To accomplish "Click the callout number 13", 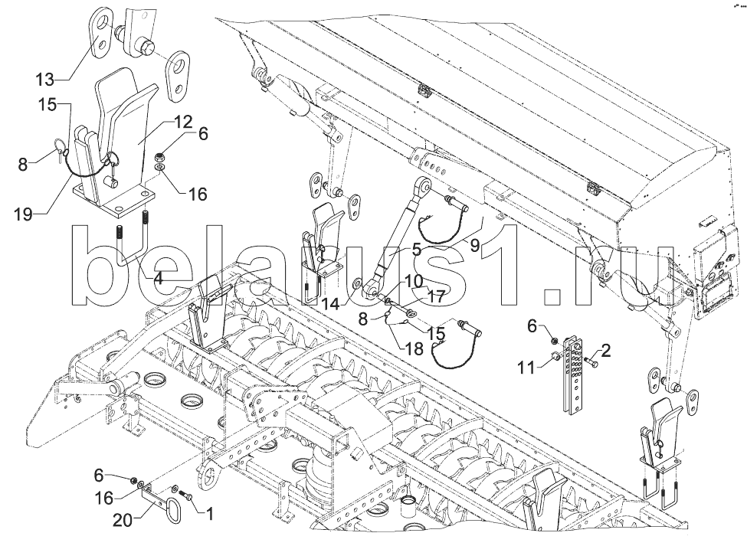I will pyautogui.click(x=45, y=79).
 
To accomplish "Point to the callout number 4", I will pyautogui.click(x=157, y=280).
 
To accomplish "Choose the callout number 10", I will pyautogui.click(x=414, y=281).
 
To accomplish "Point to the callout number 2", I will pyautogui.click(x=606, y=351).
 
